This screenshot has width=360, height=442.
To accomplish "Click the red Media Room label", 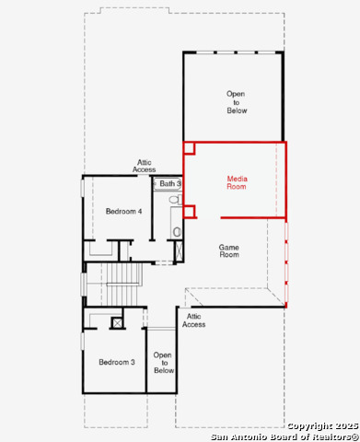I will [x=237, y=181].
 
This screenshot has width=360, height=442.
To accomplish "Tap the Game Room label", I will [x=229, y=250].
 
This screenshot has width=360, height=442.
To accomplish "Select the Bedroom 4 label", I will [x=123, y=212].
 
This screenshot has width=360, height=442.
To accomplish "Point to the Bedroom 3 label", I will [x=117, y=362].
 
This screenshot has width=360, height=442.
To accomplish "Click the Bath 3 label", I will [x=170, y=184].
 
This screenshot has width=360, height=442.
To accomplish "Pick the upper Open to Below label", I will [x=237, y=101].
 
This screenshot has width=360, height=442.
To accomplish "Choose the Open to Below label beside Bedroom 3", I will [x=163, y=362].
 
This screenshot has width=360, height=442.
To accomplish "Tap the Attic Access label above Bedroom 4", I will [x=145, y=166].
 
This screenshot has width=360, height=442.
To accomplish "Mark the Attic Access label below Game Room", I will [x=193, y=320].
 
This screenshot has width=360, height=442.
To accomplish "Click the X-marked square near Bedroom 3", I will [x=117, y=322].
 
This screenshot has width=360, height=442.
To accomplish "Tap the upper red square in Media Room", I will [x=189, y=147].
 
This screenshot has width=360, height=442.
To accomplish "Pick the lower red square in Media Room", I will [x=189, y=211].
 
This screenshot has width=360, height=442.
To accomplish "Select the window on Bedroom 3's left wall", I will [x=83, y=340].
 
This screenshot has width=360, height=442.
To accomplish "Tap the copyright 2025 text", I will [x=322, y=425].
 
